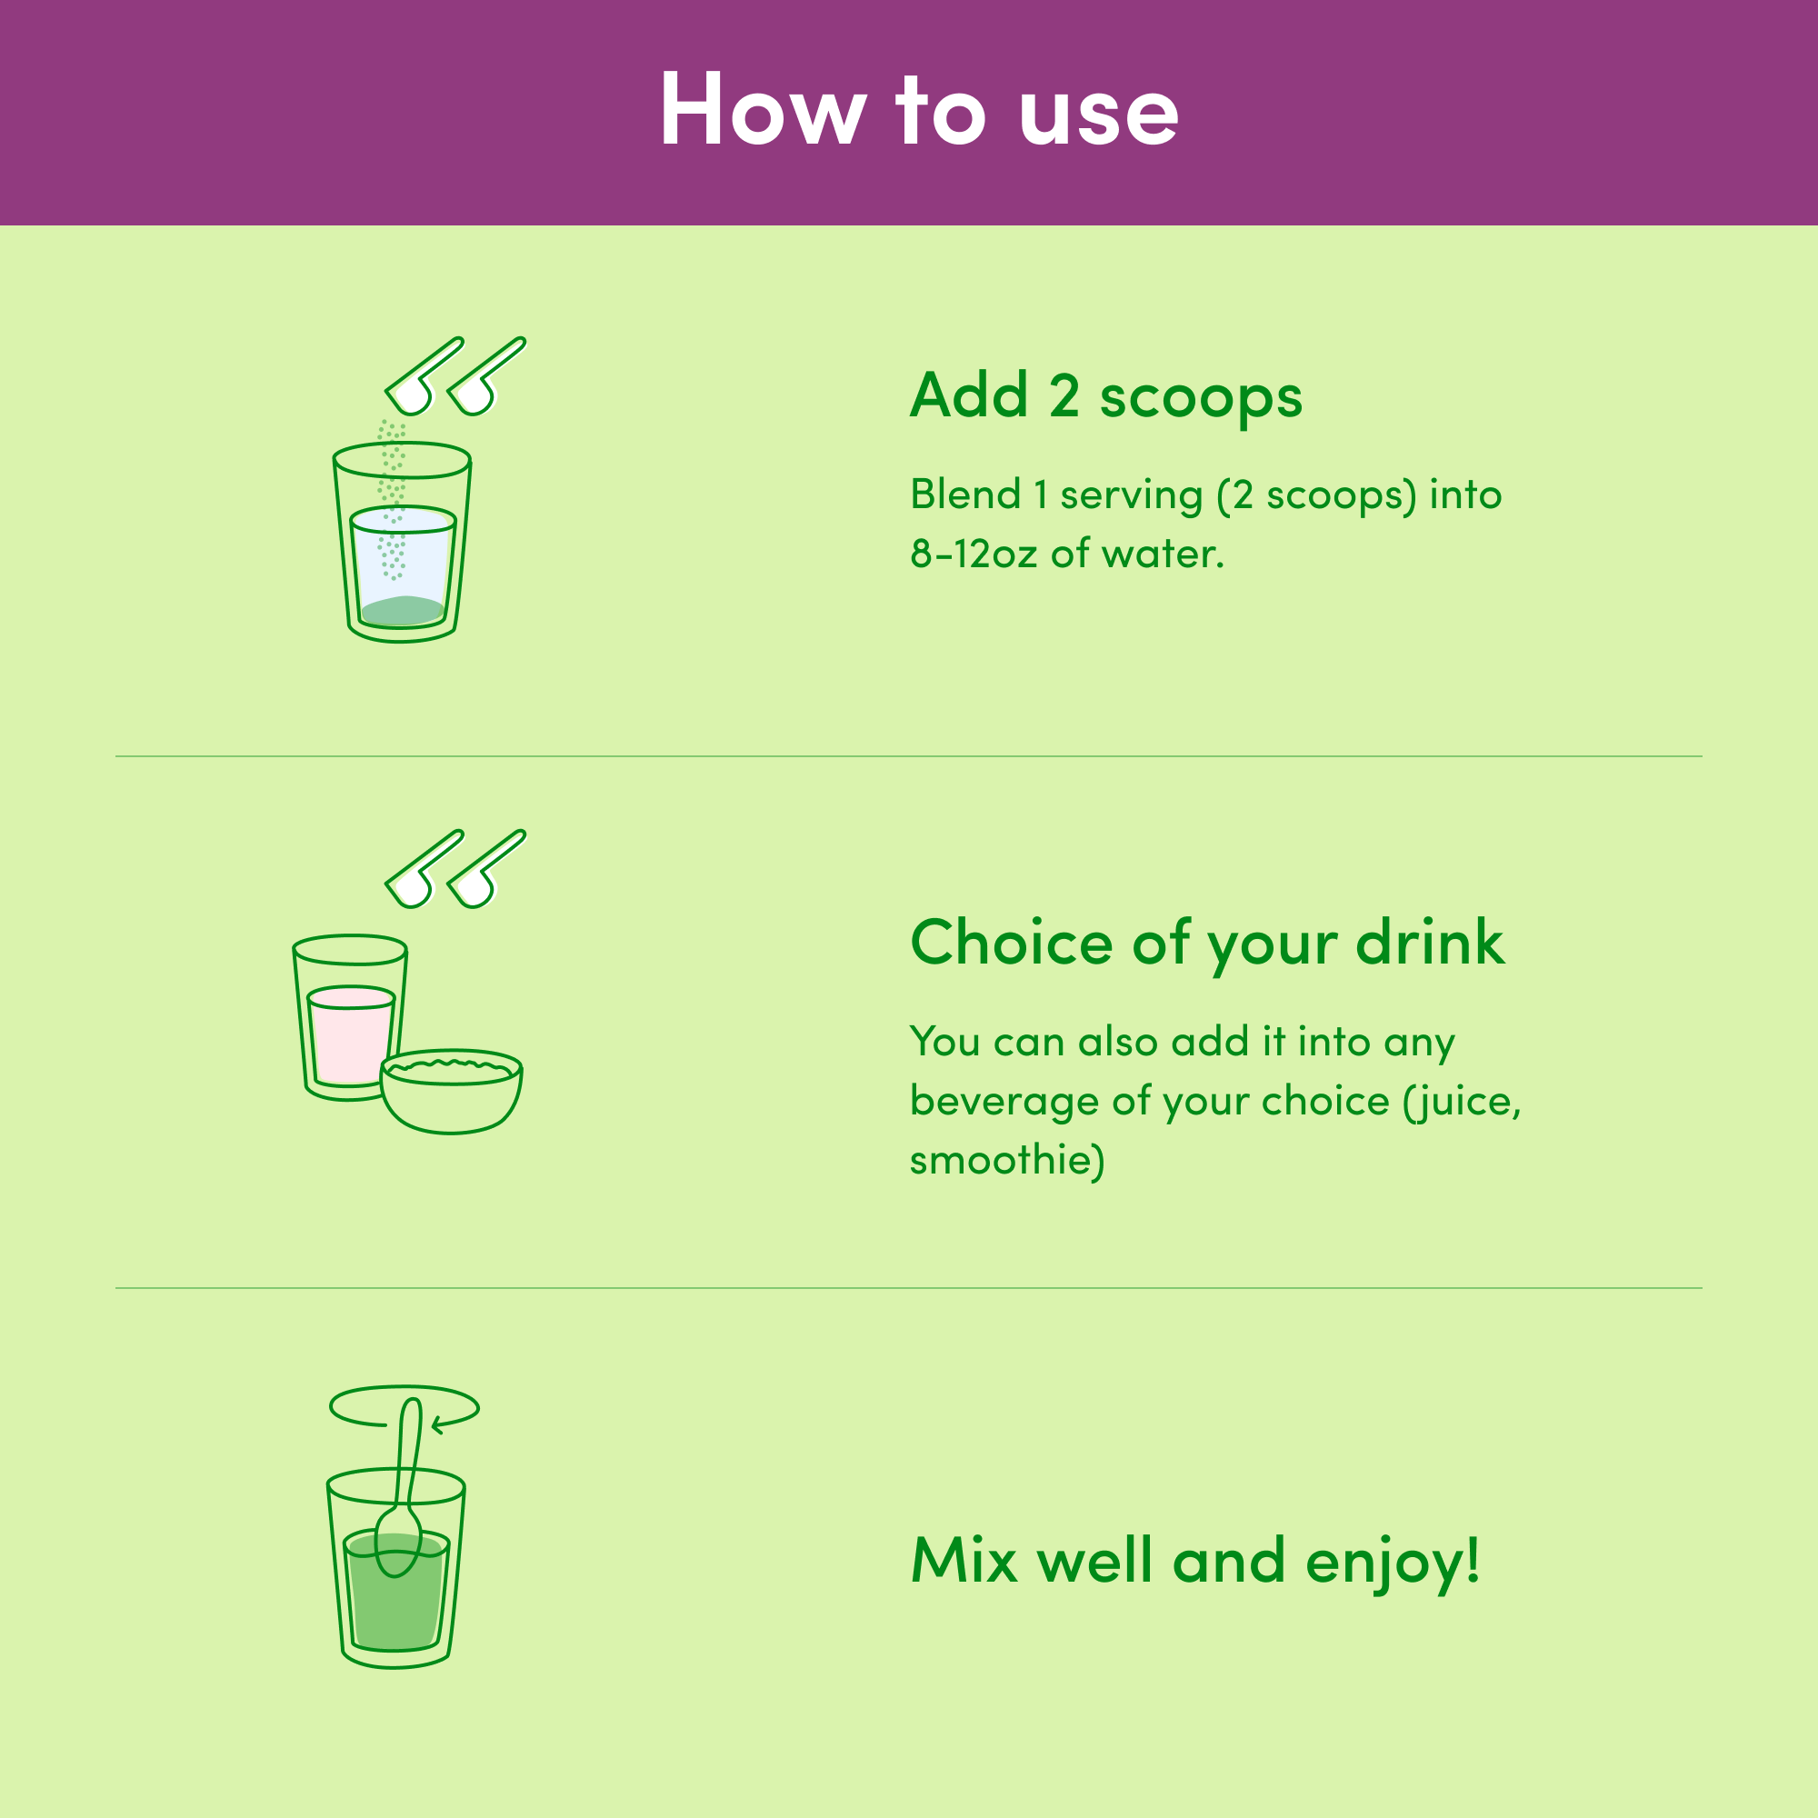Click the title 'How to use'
click(x=918, y=111)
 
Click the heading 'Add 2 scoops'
click(x=1105, y=397)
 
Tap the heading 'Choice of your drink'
click(x=1207, y=944)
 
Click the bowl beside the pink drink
click(x=452, y=1092)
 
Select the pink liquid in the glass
click(x=350, y=1036)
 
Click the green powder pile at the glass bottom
click(x=402, y=611)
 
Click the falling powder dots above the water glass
click(x=393, y=499)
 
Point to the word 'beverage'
click(x=1004, y=1102)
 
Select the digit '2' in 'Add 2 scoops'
click(x=1064, y=396)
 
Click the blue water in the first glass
click(x=403, y=555)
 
